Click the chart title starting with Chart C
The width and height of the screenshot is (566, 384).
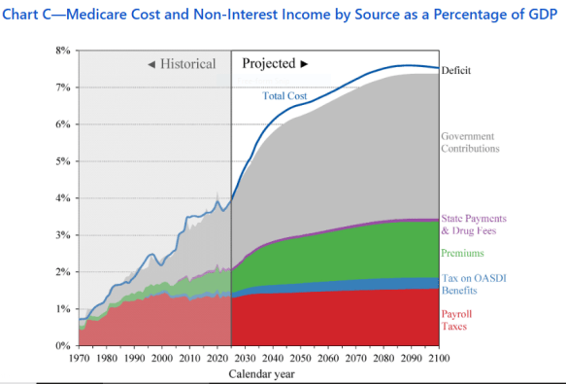coord(280,15)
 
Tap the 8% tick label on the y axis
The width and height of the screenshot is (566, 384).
coord(63,51)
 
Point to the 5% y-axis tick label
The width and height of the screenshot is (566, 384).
coord(63,161)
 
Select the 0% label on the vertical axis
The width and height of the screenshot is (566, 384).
coord(63,346)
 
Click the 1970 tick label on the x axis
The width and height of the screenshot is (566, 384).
coord(79,359)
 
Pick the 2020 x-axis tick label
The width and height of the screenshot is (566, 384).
coord(217,359)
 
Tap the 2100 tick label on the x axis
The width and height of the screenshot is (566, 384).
coord(439,359)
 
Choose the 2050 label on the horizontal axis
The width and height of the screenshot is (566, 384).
coord(300,359)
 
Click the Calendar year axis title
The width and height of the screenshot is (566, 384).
coord(262,374)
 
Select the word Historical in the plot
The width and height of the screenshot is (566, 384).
coord(187,64)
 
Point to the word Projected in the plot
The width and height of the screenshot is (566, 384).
coord(269,63)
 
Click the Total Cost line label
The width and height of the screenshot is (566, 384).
coord(284,96)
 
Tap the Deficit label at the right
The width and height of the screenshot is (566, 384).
coord(456,70)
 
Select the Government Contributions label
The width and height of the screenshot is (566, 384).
coord(470,143)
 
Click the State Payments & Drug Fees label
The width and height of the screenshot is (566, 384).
coord(474,225)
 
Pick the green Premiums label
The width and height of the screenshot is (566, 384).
coord(462,253)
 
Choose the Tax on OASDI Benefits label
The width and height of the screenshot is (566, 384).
coord(474,284)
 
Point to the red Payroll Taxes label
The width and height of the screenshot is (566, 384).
coord(456,320)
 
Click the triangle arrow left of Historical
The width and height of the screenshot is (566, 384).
coord(151,65)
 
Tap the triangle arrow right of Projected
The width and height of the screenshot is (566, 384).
coord(304,64)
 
